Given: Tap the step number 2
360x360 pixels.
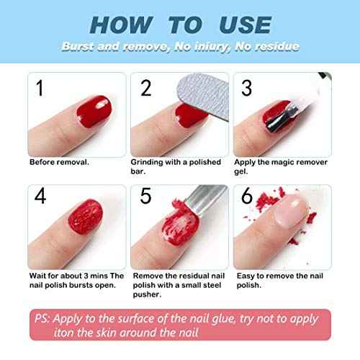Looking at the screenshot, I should pyautogui.click(x=146, y=89).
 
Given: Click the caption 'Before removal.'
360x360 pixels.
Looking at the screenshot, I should pyautogui.click(x=59, y=162).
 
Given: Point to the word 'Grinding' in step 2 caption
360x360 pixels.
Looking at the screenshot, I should pyautogui.click(x=148, y=162).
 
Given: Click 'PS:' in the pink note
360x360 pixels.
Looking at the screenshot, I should pyautogui.click(x=42, y=317).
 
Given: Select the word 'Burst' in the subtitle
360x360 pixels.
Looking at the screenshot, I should pyautogui.click(x=76, y=45).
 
